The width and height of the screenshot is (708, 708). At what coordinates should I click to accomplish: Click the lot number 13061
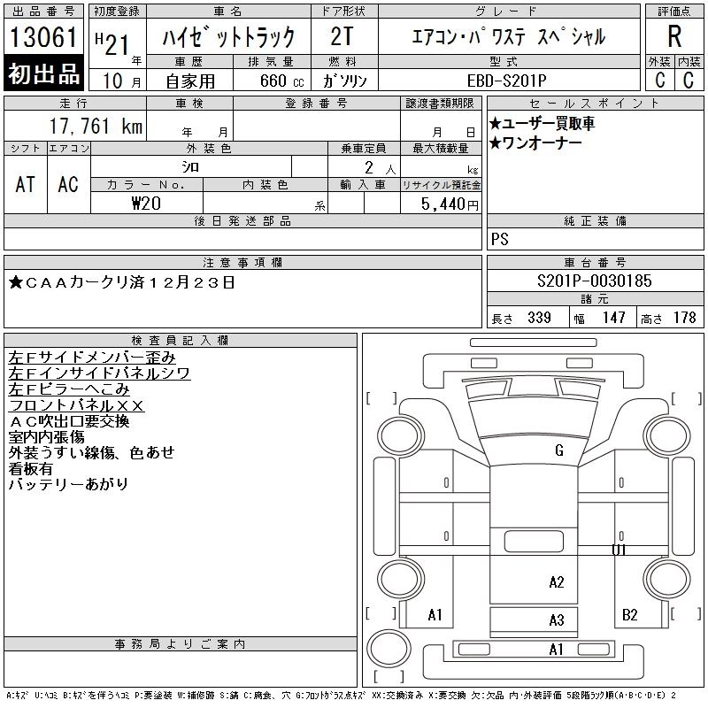44,38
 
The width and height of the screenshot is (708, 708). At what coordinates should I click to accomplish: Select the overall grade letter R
674,36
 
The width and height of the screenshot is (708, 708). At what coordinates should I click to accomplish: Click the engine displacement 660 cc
270,80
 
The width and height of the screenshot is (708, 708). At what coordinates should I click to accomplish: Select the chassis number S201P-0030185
595,281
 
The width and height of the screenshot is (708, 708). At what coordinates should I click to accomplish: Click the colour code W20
146,203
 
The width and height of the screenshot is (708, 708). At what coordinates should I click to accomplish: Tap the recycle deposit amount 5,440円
452,204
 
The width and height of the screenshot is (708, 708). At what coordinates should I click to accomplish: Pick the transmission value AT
25,184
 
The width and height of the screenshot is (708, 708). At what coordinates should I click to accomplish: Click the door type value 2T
343,36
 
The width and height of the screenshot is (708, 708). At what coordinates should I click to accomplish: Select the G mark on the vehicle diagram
558,451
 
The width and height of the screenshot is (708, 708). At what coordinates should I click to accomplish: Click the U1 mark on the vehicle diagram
619,550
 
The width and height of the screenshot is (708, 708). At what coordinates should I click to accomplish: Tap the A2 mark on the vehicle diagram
556,582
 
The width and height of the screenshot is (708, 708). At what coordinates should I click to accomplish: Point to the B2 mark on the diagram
629,615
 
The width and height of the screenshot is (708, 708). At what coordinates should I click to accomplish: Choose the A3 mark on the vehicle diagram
556,620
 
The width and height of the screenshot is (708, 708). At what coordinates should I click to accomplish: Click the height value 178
685,318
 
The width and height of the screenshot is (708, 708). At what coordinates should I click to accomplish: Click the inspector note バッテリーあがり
68,485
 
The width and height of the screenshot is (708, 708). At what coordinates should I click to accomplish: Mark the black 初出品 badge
44,74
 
